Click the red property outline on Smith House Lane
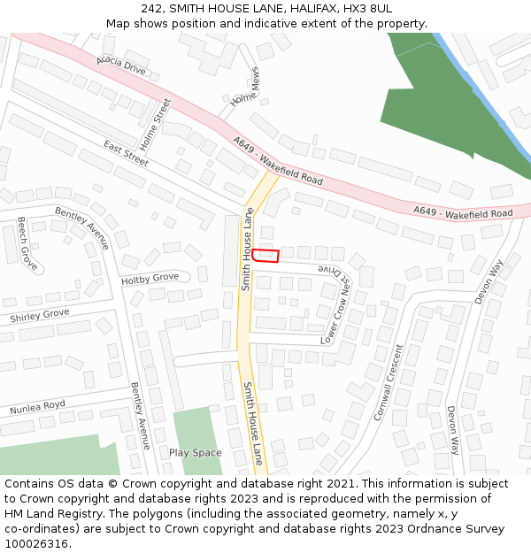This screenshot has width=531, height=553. click(x=265, y=256)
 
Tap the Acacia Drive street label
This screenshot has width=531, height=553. click(x=121, y=65)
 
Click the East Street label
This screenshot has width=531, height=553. click(x=126, y=152)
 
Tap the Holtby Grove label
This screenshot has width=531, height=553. click(x=150, y=280)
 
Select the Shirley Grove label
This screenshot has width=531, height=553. click(x=39, y=315)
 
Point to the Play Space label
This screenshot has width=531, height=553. click(x=195, y=453)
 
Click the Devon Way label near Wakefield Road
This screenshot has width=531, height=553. click(x=488, y=282)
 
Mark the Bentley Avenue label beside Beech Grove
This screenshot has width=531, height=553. click(x=81, y=228)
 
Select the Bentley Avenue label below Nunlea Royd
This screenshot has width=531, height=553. click(x=141, y=416)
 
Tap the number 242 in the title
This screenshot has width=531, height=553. click(x=150, y=8)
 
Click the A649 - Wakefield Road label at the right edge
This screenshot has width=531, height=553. click(x=463, y=212)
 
